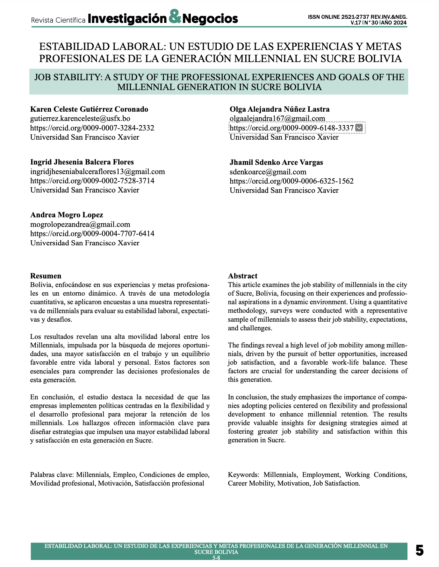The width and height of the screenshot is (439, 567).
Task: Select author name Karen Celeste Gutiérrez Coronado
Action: [89, 109]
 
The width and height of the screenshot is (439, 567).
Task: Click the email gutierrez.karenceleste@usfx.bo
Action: [80, 119]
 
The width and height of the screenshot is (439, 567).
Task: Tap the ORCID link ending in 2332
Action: [92, 128]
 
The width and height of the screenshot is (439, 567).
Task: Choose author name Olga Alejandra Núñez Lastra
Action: [279, 109]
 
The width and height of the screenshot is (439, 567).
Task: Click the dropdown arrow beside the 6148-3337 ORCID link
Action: [359, 128]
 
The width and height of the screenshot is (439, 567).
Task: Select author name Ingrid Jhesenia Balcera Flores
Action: [82, 162]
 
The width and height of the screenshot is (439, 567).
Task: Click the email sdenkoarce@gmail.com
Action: [268, 172]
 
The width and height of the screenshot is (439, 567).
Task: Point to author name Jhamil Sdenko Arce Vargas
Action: [276, 162]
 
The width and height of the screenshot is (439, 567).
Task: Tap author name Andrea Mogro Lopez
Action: [67, 215]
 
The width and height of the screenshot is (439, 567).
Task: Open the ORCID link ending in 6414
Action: [92, 234]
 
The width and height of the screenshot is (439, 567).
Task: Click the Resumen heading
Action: [46, 276]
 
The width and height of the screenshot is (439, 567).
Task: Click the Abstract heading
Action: [242, 276]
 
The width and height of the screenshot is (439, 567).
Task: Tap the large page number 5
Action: [420, 551]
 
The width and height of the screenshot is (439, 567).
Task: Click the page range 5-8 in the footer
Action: [216, 558]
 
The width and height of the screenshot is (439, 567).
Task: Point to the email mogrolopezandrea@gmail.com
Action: [80, 224]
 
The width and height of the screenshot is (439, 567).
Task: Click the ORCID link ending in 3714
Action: [92, 181]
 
